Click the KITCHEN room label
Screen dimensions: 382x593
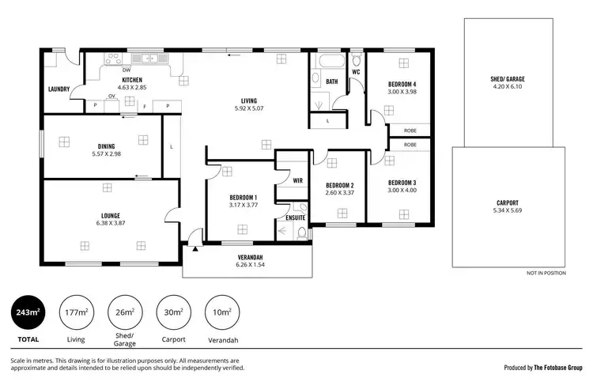point(131,80)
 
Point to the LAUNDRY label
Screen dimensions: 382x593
point(59,89)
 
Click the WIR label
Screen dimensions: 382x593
point(297,181)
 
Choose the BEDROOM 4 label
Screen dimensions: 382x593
point(402,85)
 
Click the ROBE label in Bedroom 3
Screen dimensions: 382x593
point(410,146)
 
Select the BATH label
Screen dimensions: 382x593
point(331,81)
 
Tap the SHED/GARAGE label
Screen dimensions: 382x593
point(507,79)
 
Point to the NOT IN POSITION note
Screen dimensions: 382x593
point(546,274)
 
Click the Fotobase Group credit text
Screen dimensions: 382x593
point(543,368)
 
